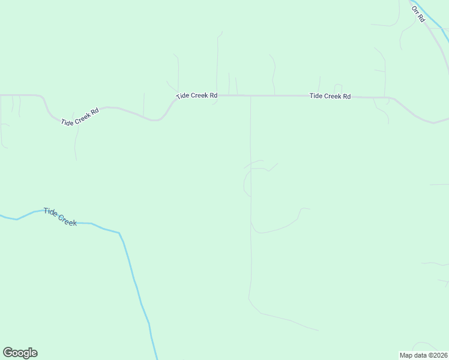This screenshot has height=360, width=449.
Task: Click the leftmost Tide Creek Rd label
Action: tap(80, 118)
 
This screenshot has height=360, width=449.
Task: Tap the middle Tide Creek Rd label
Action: tap(196, 96)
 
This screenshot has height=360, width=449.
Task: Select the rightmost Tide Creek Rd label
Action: tap(330, 96)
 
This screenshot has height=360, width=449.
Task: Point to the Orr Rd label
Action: tap(418, 14)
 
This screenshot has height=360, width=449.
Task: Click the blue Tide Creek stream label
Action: tap(60, 217)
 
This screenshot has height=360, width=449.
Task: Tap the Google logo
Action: tap(20, 353)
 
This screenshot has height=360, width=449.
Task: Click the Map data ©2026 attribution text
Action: tap(424, 355)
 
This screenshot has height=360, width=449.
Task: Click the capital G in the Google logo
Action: tap(7, 353)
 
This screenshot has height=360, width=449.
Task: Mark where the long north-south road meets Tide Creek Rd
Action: tap(250, 96)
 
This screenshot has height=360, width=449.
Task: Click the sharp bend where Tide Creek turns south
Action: tap(119, 233)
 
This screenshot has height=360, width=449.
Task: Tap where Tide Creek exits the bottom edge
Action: tap(157, 358)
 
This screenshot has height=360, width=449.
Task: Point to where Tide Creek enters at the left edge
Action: tap(1, 216)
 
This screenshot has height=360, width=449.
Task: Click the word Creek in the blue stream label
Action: tap(68, 220)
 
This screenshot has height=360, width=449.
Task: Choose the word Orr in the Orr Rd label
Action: tap(415, 11)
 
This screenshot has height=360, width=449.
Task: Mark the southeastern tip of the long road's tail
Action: tap(318, 331)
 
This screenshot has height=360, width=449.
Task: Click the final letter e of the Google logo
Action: tap(34, 353)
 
